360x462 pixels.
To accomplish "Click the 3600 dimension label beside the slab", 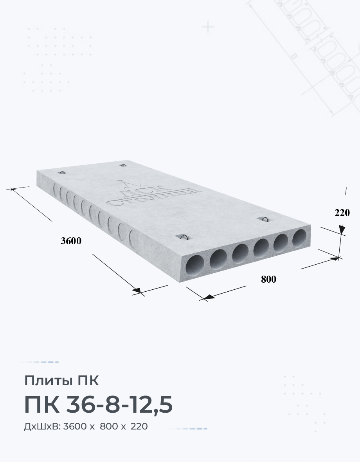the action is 71,241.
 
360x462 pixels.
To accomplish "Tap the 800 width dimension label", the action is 268,279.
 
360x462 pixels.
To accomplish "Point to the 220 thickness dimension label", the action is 342,213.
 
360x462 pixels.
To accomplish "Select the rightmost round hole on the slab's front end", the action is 299,238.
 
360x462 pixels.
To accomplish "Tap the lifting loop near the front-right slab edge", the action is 265,219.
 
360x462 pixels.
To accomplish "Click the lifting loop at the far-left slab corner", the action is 62,172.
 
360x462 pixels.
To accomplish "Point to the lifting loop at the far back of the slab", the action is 123,165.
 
